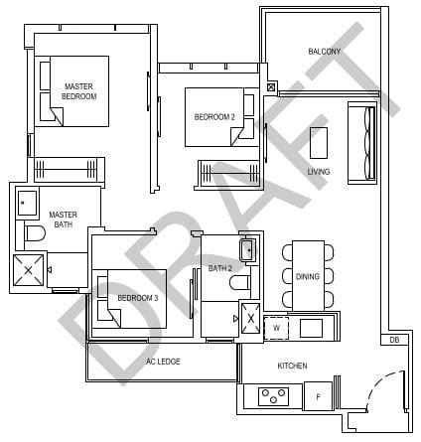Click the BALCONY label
324,52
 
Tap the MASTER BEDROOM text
78,91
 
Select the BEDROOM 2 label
214,117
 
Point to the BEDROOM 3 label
137,298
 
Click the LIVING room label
318,172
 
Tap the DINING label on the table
307,276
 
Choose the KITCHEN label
292,366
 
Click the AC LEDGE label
163,362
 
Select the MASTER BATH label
63,220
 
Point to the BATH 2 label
219,268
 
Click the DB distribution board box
394,341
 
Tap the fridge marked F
317,396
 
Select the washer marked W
277,326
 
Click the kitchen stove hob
273,396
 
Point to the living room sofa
365,144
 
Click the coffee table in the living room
319,143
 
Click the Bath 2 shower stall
250,320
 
